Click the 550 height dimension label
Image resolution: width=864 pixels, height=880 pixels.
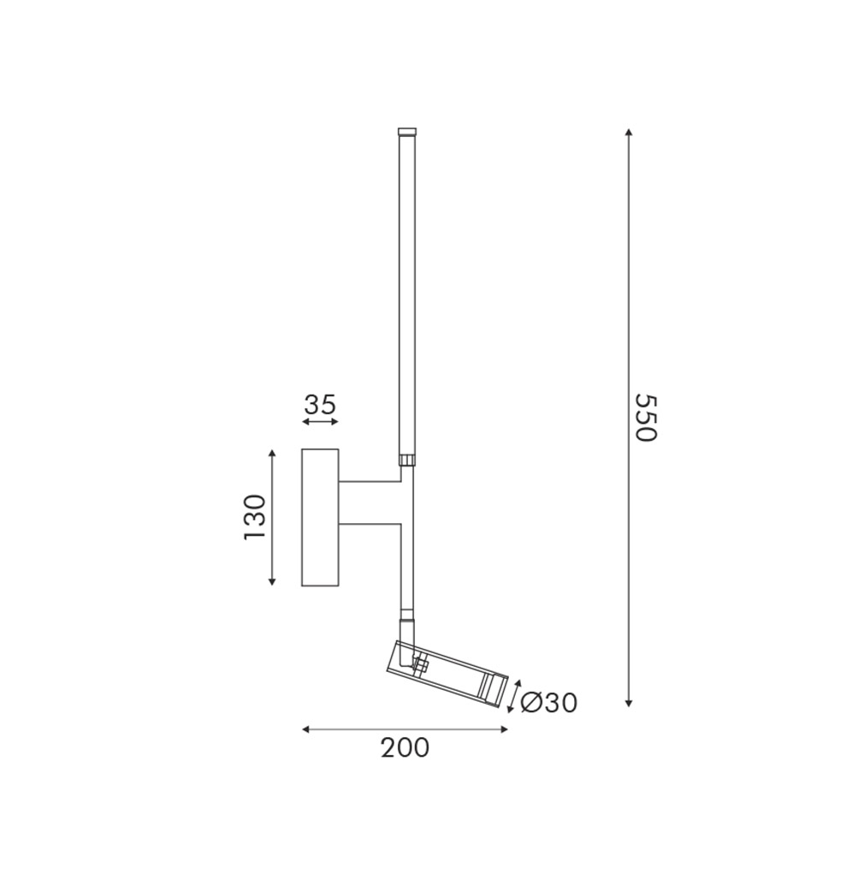pos(644,417)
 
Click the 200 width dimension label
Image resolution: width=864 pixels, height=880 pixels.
pos(405,747)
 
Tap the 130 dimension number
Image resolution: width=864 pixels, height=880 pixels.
pos(255,516)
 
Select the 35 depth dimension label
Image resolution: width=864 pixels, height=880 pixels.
pos(320,404)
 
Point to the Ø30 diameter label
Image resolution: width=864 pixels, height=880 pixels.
pos(548,703)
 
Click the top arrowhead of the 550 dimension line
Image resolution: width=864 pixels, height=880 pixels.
pos(629,133)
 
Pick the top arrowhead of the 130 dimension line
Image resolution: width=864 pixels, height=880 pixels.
pos(272,453)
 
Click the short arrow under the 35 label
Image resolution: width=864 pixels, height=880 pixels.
pos(320,422)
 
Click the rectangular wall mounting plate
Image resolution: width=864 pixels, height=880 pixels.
pos(320,517)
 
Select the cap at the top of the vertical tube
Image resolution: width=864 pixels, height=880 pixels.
pos(407,133)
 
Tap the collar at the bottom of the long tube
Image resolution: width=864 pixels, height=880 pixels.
pos(407,460)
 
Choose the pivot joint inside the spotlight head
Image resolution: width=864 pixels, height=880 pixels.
pos(419,663)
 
